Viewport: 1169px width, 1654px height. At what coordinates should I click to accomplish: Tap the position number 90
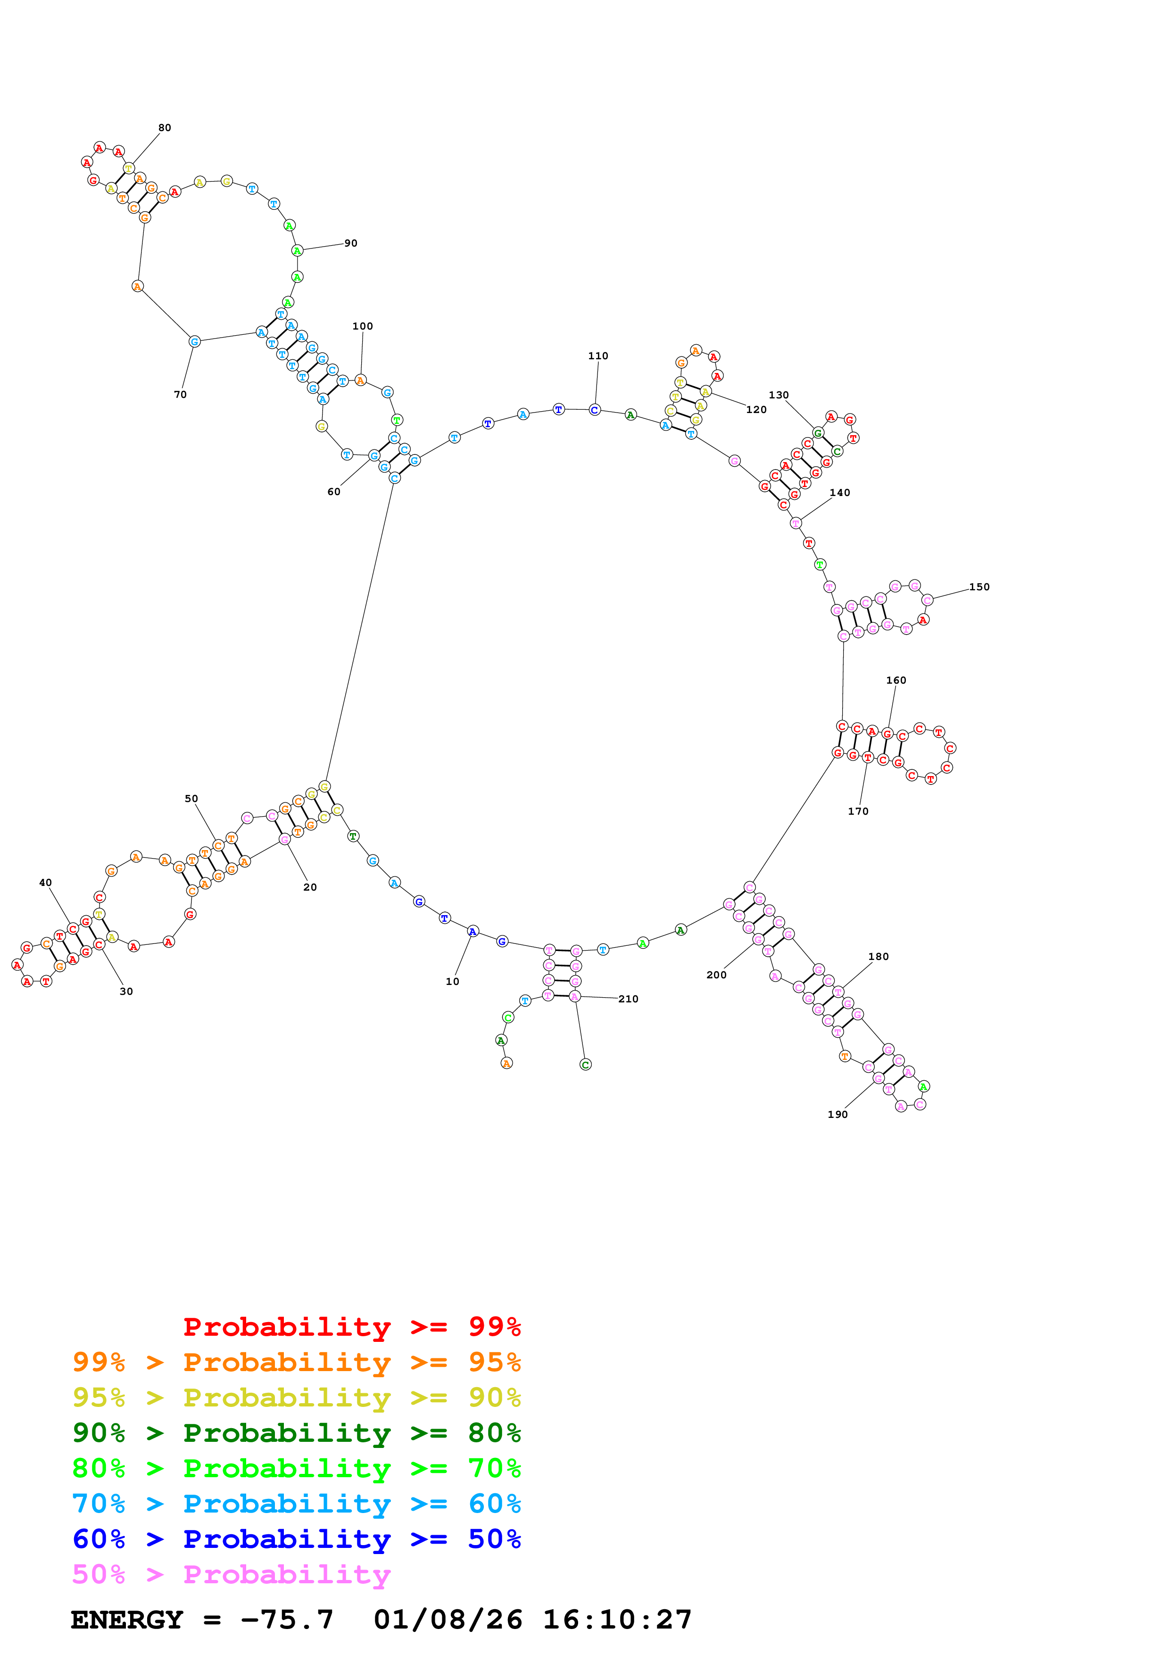[x=351, y=243]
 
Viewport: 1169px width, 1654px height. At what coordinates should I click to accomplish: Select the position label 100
[x=362, y=326]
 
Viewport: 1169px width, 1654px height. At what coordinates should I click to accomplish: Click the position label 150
[x=979, y=587]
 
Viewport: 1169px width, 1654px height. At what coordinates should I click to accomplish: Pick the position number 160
[x=896, y=680]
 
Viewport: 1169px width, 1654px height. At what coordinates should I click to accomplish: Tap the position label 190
[x=837, y=1115]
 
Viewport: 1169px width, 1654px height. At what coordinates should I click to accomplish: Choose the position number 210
[x=628, y=999]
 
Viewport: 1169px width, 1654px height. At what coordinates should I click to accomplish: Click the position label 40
[x=45, y=883]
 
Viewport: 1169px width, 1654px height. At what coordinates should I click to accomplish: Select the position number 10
[x=452, y=981]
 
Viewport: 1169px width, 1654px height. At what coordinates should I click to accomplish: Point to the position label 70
[x=180, y=394]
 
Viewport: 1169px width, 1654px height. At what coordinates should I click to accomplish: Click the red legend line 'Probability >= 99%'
[x=351, y=1326]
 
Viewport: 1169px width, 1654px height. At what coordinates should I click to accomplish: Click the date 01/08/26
[x=448, y=1620]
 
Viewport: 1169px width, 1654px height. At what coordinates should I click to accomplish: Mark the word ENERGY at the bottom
[x=127, y=1620]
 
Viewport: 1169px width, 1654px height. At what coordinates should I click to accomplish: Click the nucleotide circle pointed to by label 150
[x=927, y=599]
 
